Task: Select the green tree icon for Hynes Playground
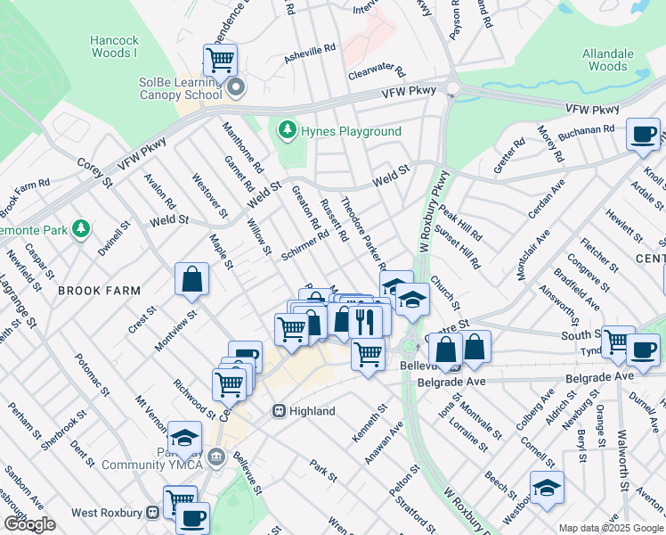tap(287, 131)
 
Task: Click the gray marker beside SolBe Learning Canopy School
tap(235, 87)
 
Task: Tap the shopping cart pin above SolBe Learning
tap(220, 61)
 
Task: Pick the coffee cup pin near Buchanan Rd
tap(643, 135)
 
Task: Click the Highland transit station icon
tap(279, 411)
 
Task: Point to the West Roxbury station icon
tap(152, 513)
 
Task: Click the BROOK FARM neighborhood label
tap(99, 291)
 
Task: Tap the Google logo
tap(29, 524)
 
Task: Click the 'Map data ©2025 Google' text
tap(611, 528)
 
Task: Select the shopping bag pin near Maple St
tap(192, 280)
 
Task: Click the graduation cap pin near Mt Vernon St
tap(184, 438)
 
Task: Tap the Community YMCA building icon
tap(215, 457)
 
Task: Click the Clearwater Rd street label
tap(377, 71)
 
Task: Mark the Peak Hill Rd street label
tap(459, 227)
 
